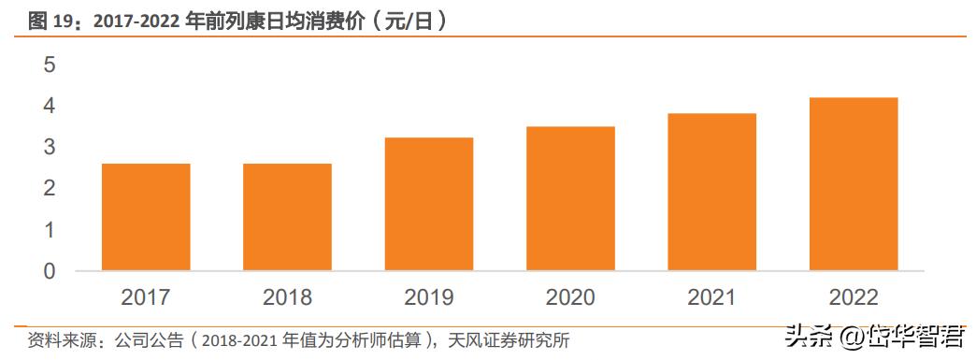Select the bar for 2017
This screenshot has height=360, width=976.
[x=146, y=217]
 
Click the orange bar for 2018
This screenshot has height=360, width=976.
[x=287, y=217]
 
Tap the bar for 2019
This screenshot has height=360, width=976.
[x=429, y=204]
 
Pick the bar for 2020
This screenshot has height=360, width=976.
[x=570, y=198]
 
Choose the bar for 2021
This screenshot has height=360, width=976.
[x=711, y=192]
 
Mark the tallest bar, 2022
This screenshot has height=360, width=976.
[x=854, y=184]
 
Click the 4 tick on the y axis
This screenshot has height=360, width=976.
[x=50, y=107]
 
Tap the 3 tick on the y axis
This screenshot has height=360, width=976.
[x=50, y=148]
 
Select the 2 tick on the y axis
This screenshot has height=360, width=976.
[x=50, y=189]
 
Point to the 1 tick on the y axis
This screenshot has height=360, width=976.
[x=50, y=230]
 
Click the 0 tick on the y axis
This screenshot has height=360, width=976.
[x=50, y=271]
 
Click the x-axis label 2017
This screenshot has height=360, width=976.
[x=146, y=297]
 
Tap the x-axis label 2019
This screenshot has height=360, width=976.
[x=429, y=297]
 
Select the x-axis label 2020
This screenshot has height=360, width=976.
[x=570, y=297]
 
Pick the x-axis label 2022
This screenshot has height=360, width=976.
[x=854, y=297]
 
